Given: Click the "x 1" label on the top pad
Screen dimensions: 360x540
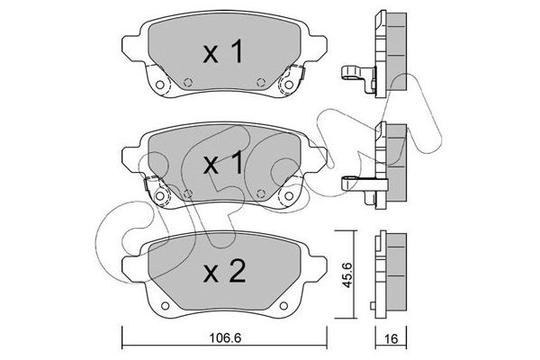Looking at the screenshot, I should pyautogui.click(x=223, y=53).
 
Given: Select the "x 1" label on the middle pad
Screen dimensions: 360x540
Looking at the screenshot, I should pyautogui.click(x=223, y=164).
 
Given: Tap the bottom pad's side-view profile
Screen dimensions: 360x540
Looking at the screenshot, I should pyautogui.click(x=388, y=273).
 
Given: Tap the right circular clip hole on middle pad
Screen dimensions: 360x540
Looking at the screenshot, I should pyautogui.click(x=290, y=195).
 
